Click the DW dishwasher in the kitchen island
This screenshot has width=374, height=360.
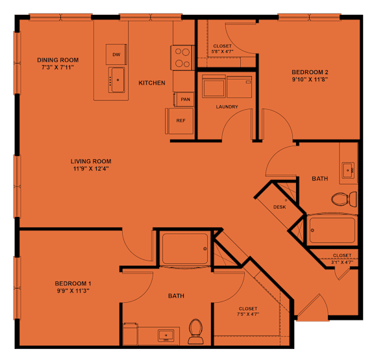coord(116,54)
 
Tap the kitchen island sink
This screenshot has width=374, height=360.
coord(116,80)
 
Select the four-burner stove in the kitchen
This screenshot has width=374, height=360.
coord(182,58)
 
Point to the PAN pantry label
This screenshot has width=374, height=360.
coord(185,99)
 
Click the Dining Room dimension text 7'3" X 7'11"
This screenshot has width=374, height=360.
coord(58,68)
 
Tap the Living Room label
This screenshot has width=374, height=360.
coord(91,161)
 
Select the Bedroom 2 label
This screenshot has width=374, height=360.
coord(310,72)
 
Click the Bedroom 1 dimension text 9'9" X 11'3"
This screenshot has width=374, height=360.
coord(73,290)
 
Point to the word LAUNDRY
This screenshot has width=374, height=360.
coord(227,107)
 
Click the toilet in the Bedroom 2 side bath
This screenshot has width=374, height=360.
coord(344,199)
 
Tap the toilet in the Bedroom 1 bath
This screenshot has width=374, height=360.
coord(195,332)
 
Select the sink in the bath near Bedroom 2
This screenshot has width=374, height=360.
coord(348,170)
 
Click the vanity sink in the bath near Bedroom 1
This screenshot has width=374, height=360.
coord(166,335)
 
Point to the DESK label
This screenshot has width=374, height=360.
coord(279,207)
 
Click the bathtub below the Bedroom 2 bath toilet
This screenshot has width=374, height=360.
coord(332,230)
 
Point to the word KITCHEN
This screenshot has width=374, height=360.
coord(152,83)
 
